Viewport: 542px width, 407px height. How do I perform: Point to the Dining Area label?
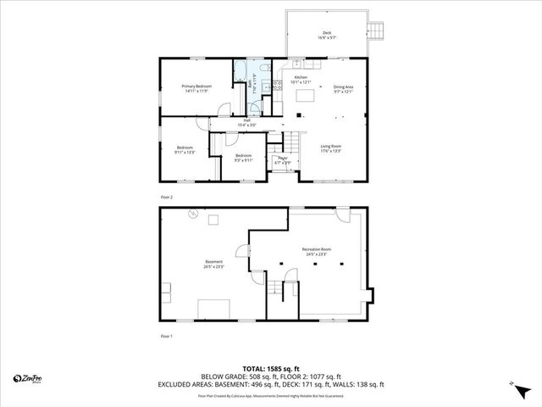click(343, 88)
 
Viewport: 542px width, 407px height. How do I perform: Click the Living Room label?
click(331, 148)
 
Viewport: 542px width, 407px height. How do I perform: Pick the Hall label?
click(247, 122)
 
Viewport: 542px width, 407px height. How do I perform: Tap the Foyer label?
click(283, 159)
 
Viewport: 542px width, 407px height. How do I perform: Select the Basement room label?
click(213, 263)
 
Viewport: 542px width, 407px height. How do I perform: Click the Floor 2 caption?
click(166, 197)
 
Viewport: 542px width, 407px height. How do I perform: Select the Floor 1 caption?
click(166, 337)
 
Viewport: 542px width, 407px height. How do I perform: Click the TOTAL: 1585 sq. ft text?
click(270, 368)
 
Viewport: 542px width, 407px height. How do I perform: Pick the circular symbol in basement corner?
click(192, 215)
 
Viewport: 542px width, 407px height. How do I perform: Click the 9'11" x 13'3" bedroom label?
click(185, 150)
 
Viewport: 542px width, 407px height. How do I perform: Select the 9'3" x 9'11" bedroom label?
click(243, 158)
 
